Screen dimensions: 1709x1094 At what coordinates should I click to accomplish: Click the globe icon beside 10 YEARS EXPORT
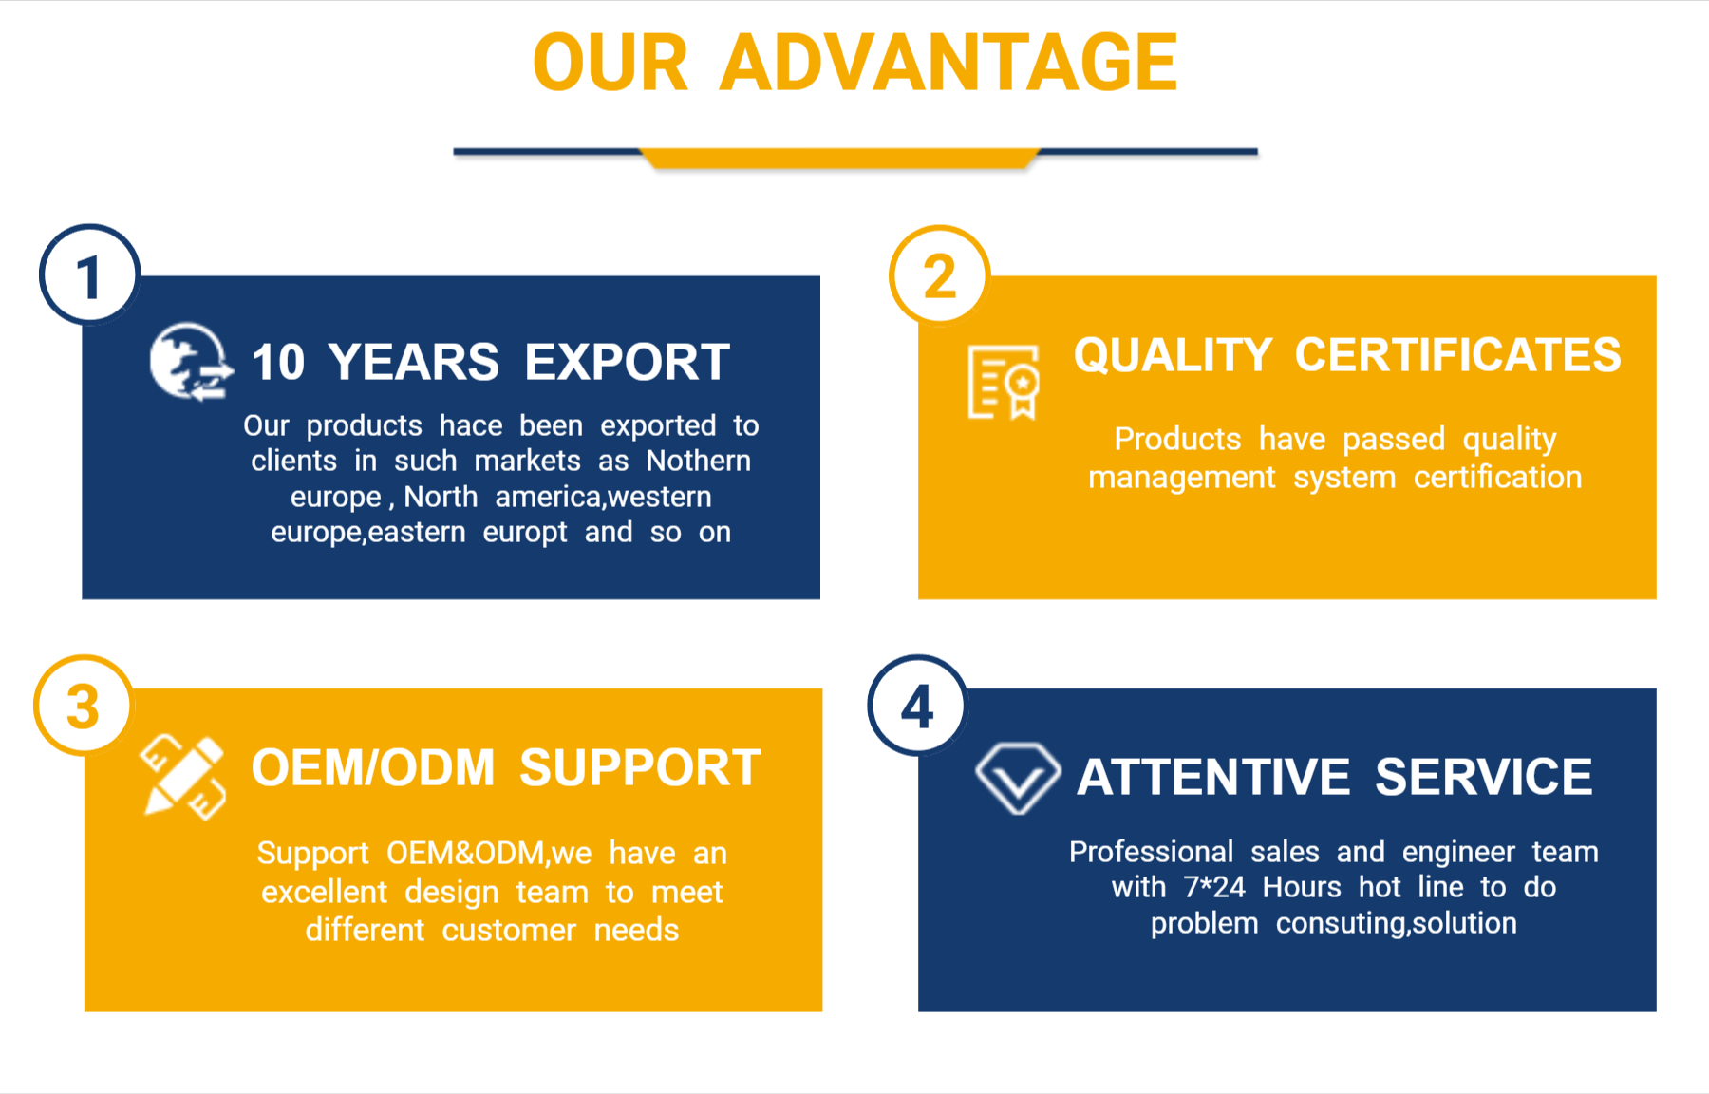pos(191,362)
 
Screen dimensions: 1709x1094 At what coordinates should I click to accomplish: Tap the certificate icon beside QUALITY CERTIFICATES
pos(1004,382)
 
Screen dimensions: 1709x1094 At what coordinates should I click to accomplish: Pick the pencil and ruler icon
pos(183,776)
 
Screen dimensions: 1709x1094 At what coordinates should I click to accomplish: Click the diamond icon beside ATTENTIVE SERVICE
pos(1018,778)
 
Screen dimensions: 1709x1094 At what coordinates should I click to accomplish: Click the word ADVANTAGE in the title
pos(948,63)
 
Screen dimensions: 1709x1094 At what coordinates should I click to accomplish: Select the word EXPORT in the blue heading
pos(628,362)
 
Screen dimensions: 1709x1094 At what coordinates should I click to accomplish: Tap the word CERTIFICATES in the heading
pos(1458,355)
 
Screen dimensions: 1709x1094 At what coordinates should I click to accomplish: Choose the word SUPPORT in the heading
pos(640,767)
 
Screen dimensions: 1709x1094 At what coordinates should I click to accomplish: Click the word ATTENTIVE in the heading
pos(1213,777)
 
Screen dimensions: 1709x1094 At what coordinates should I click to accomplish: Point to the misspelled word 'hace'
pos(471,425)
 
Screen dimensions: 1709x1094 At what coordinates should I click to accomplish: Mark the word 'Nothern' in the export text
pos(699,461)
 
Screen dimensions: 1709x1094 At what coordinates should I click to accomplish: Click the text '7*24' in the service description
pos(1214,887)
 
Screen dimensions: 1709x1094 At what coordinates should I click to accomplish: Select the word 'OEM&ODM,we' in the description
pos(489,853)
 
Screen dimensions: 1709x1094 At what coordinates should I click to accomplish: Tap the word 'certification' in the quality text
pos(1497,477)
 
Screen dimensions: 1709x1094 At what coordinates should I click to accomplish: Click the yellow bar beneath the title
pos(840,159)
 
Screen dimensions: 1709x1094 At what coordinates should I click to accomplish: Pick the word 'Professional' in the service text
pos(1151,852)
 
